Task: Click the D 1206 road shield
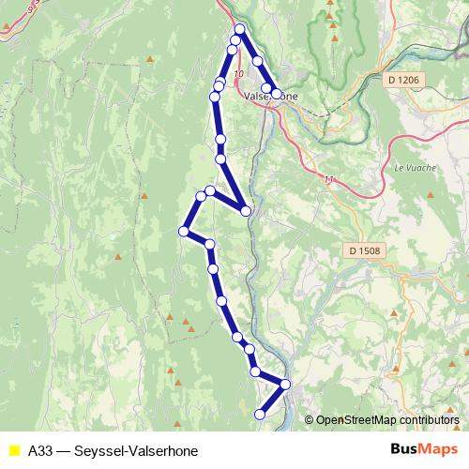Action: pos(402,81)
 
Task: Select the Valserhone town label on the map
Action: pos(270,96)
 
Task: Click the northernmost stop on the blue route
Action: pos(239,29)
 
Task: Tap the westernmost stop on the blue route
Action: pos(185,231)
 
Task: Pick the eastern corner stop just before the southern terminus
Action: pos(285,384)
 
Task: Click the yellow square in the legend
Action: pos(13,450)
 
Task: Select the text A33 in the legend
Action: pos(40,450)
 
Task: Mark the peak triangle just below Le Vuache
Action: pos(429,194)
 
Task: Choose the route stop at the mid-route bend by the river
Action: pos(246,211)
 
